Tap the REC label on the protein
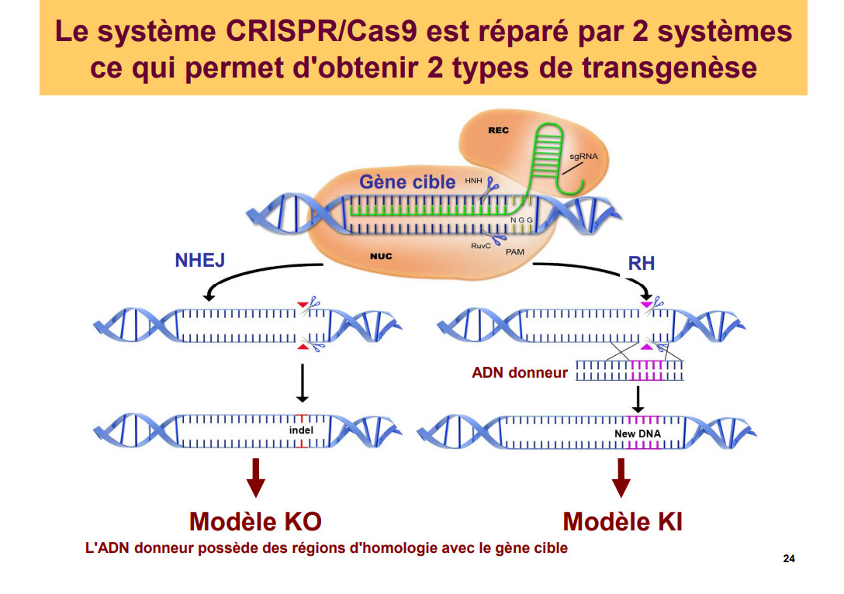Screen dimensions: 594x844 point(499,130)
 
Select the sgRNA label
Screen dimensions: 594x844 point(583,156)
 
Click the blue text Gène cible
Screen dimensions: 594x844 point(407,182)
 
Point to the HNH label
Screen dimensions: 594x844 point(473,181)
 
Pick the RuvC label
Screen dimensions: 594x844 point(481,246)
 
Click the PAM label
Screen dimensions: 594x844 point(515,252)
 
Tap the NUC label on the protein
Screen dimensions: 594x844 point(381,256)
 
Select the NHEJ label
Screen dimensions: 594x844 point(199,260)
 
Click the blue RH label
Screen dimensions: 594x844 point(642,264)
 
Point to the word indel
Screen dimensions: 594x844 point(301,430)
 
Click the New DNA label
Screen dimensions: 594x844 point(638,433)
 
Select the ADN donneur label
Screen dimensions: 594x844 point(520,373)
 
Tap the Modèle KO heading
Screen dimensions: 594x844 point(255,521)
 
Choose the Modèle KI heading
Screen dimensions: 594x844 point(622,521)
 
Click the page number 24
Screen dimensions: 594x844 point(789,559)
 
